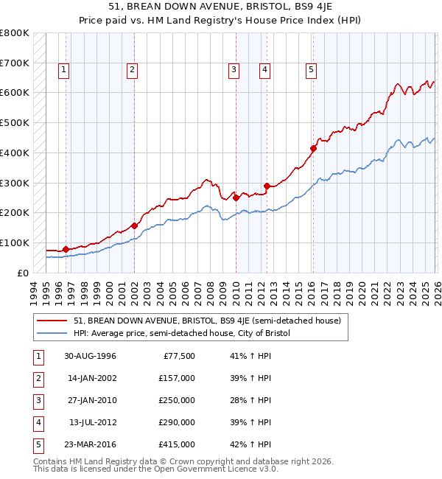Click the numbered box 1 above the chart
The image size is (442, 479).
click(x=64, y=70)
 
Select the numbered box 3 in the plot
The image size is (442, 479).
click(x=234, y=70)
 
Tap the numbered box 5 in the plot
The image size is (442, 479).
click(x=312, y=70)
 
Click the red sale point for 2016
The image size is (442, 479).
click(x=313, y=148)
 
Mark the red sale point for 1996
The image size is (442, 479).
click(x=66, y=249)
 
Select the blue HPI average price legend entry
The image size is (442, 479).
click(x=181, y=333)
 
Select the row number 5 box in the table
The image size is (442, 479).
click(x=38, y=444)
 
